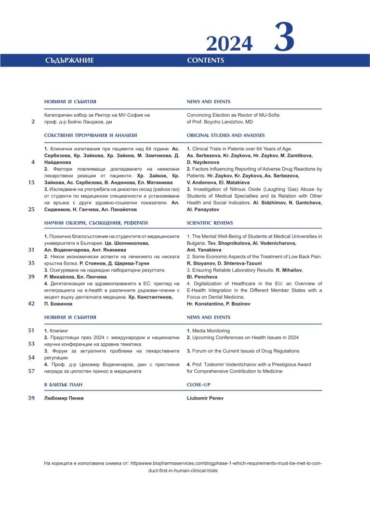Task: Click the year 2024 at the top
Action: pyautogui.click(x=229, y=44)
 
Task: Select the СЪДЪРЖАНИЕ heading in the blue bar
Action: pyautogui.click(x=69, y=61)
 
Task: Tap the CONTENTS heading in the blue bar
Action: pyautogui.click(x=205, y=61)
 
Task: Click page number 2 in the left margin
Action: pyautogui.click(x=33, y=122)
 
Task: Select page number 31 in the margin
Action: pyautogui.click(x=31, y=250)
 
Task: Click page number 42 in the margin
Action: pyautogui.click(x=31, y=304)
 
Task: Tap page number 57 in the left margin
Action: pyautogui.click(x=31, y=371)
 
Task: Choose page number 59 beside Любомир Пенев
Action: pyautogui.click(x=31, y=398)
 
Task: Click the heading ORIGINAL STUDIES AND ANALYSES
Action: pyautogui.click(x=225, y=135)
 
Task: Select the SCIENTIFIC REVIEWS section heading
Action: pyautogui.click(x=210, y=223)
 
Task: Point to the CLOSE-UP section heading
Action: pyautogui.click(x=198, y=385)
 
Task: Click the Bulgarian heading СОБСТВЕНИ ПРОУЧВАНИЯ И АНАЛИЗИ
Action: pyautogui.click(x=91, y=135)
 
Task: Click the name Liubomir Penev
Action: pyautogui.click(x=205, y=398)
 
